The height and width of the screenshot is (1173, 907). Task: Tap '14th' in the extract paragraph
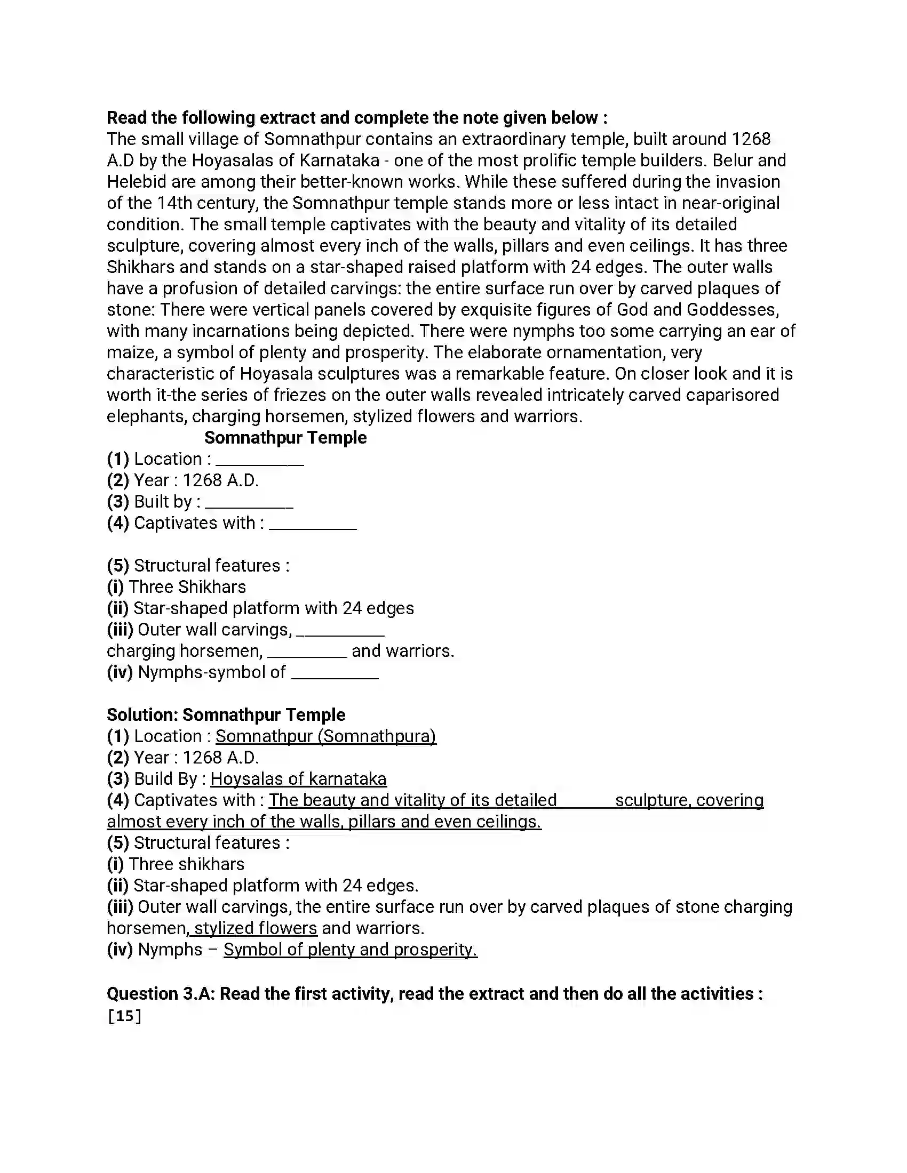(174, 203)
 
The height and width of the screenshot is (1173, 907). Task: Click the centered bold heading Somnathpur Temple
(285, 437)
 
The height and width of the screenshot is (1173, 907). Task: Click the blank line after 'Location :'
(259, 461)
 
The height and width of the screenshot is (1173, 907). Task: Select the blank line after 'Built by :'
(249, 503)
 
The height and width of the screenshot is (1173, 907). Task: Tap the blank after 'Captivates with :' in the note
(313, 525)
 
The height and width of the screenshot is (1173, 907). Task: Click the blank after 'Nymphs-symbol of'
(335, 674)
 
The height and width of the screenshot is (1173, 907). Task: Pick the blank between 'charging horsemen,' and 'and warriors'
(307, 653)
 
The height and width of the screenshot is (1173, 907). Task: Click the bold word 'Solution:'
(142, 714)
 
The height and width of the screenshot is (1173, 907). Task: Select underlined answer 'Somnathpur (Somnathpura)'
(325, 736)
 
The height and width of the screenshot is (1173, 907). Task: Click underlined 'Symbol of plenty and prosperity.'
(351, 949)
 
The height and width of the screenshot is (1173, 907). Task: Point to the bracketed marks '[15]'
(124, 1016)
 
